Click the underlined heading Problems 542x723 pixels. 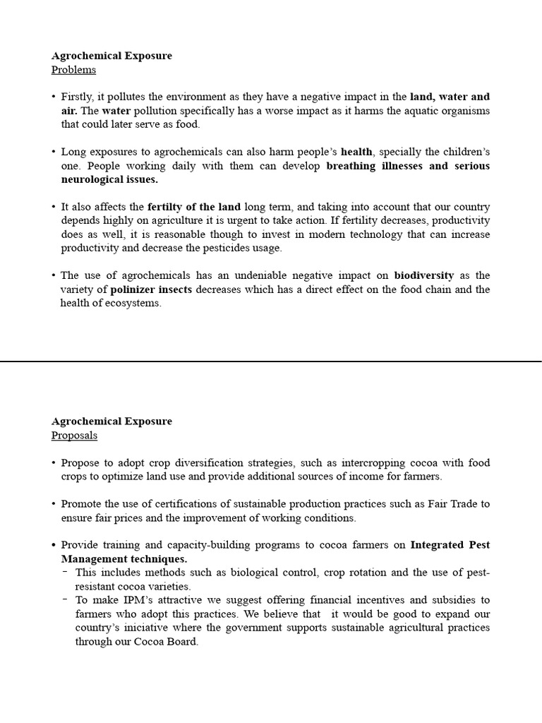coord(73,70)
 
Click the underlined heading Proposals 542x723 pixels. coord(74,436)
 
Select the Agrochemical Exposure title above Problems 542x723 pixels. coord(112,56)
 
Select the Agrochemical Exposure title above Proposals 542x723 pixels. coord(112,422)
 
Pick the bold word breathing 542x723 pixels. coord(353,166)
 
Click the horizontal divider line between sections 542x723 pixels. coord(271,361)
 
